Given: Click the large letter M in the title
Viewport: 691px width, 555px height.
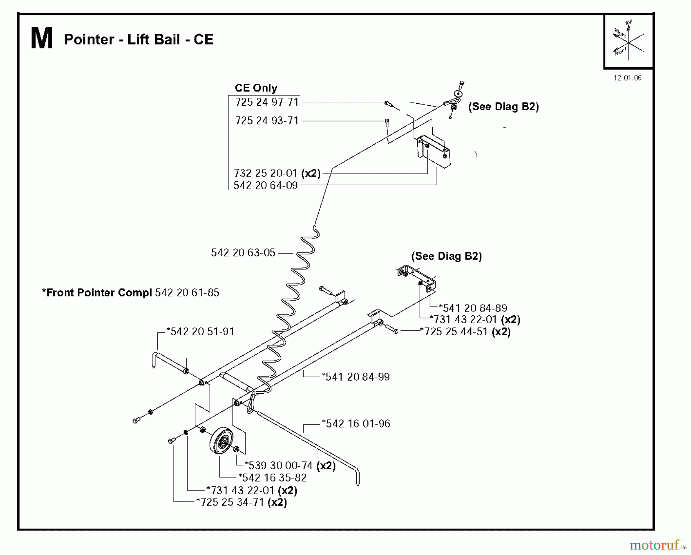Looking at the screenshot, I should tap(41, 39).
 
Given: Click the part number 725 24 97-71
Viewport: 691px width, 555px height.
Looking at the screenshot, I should tap(267, 103).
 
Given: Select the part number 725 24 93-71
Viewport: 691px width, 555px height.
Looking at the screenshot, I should tap(267, 121).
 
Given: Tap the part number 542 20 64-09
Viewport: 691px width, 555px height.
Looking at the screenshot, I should tap(266, 186).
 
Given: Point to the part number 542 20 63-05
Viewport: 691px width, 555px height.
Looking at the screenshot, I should tap(243, 253).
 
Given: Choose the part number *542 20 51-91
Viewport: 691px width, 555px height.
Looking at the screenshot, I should tap(200, 331).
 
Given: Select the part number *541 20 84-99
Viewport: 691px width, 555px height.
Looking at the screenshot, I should tap(355, 377).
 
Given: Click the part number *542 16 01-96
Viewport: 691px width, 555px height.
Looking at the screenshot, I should tap(356, 424).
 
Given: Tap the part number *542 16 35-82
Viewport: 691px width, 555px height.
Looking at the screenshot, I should tap(273, 478).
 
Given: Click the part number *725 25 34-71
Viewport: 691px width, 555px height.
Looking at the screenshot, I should tap(230, 502).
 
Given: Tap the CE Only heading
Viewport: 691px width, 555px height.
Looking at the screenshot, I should tap(256, 88).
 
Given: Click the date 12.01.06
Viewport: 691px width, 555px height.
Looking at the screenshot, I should tap(627, 78).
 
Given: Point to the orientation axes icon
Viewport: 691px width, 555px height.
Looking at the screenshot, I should tap(628, 41).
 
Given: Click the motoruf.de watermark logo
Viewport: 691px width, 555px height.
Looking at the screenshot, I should tap(658, 545).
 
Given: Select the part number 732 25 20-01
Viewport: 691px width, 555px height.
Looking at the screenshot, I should tap(266, 173).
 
